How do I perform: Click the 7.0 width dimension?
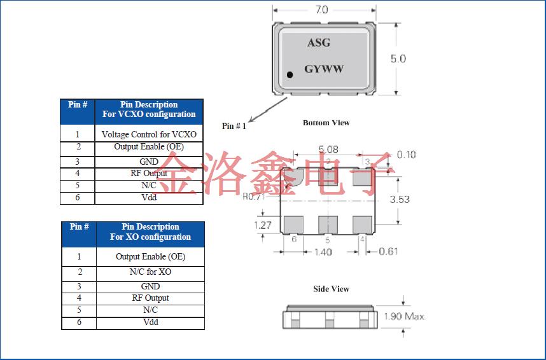click(x=321, y=10)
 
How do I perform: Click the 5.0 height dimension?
click(x=398, y=59)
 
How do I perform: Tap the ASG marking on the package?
click(x=318, y=43)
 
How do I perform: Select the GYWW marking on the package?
click(x=323, y=69)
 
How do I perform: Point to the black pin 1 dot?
click(x=290, y=75)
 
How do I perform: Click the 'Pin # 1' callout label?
click(x=234, y=126)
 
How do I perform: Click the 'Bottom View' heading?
click(x=326, y=123)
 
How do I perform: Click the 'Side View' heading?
click(x=331, y=289)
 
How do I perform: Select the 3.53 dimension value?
click(x=399, y=199)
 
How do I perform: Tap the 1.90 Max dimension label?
click(x=404, y=316)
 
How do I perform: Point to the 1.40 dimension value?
click(x=323, y=252)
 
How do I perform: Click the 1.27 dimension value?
click(x=263, y=225)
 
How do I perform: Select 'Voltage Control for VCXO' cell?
click(x=149, y=134)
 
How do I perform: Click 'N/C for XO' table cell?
click(x=150, y=272)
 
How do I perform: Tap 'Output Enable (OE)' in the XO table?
click(x=150, y=257)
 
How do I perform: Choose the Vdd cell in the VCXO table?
click(x=149, y=197)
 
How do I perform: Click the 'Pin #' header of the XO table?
click(x=79, y=227)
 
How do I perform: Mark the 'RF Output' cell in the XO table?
click(x=150, y=298)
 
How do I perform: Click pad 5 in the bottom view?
click(x=327, y=224)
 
